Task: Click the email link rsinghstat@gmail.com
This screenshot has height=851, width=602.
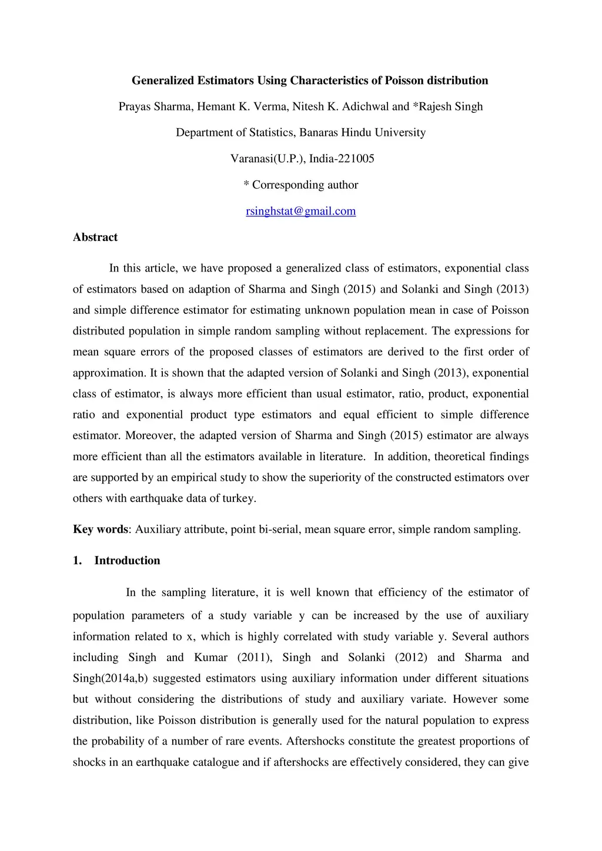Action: [x=300, y=211]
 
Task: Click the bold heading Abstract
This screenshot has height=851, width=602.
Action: [x=95, y=237]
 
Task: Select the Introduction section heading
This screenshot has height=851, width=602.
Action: [x=127, y=561]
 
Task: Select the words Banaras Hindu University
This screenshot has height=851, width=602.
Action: [x=363, y=133]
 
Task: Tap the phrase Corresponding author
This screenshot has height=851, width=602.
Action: [x=305, y=185]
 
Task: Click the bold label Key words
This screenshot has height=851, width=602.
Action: [x=100, y=530]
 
